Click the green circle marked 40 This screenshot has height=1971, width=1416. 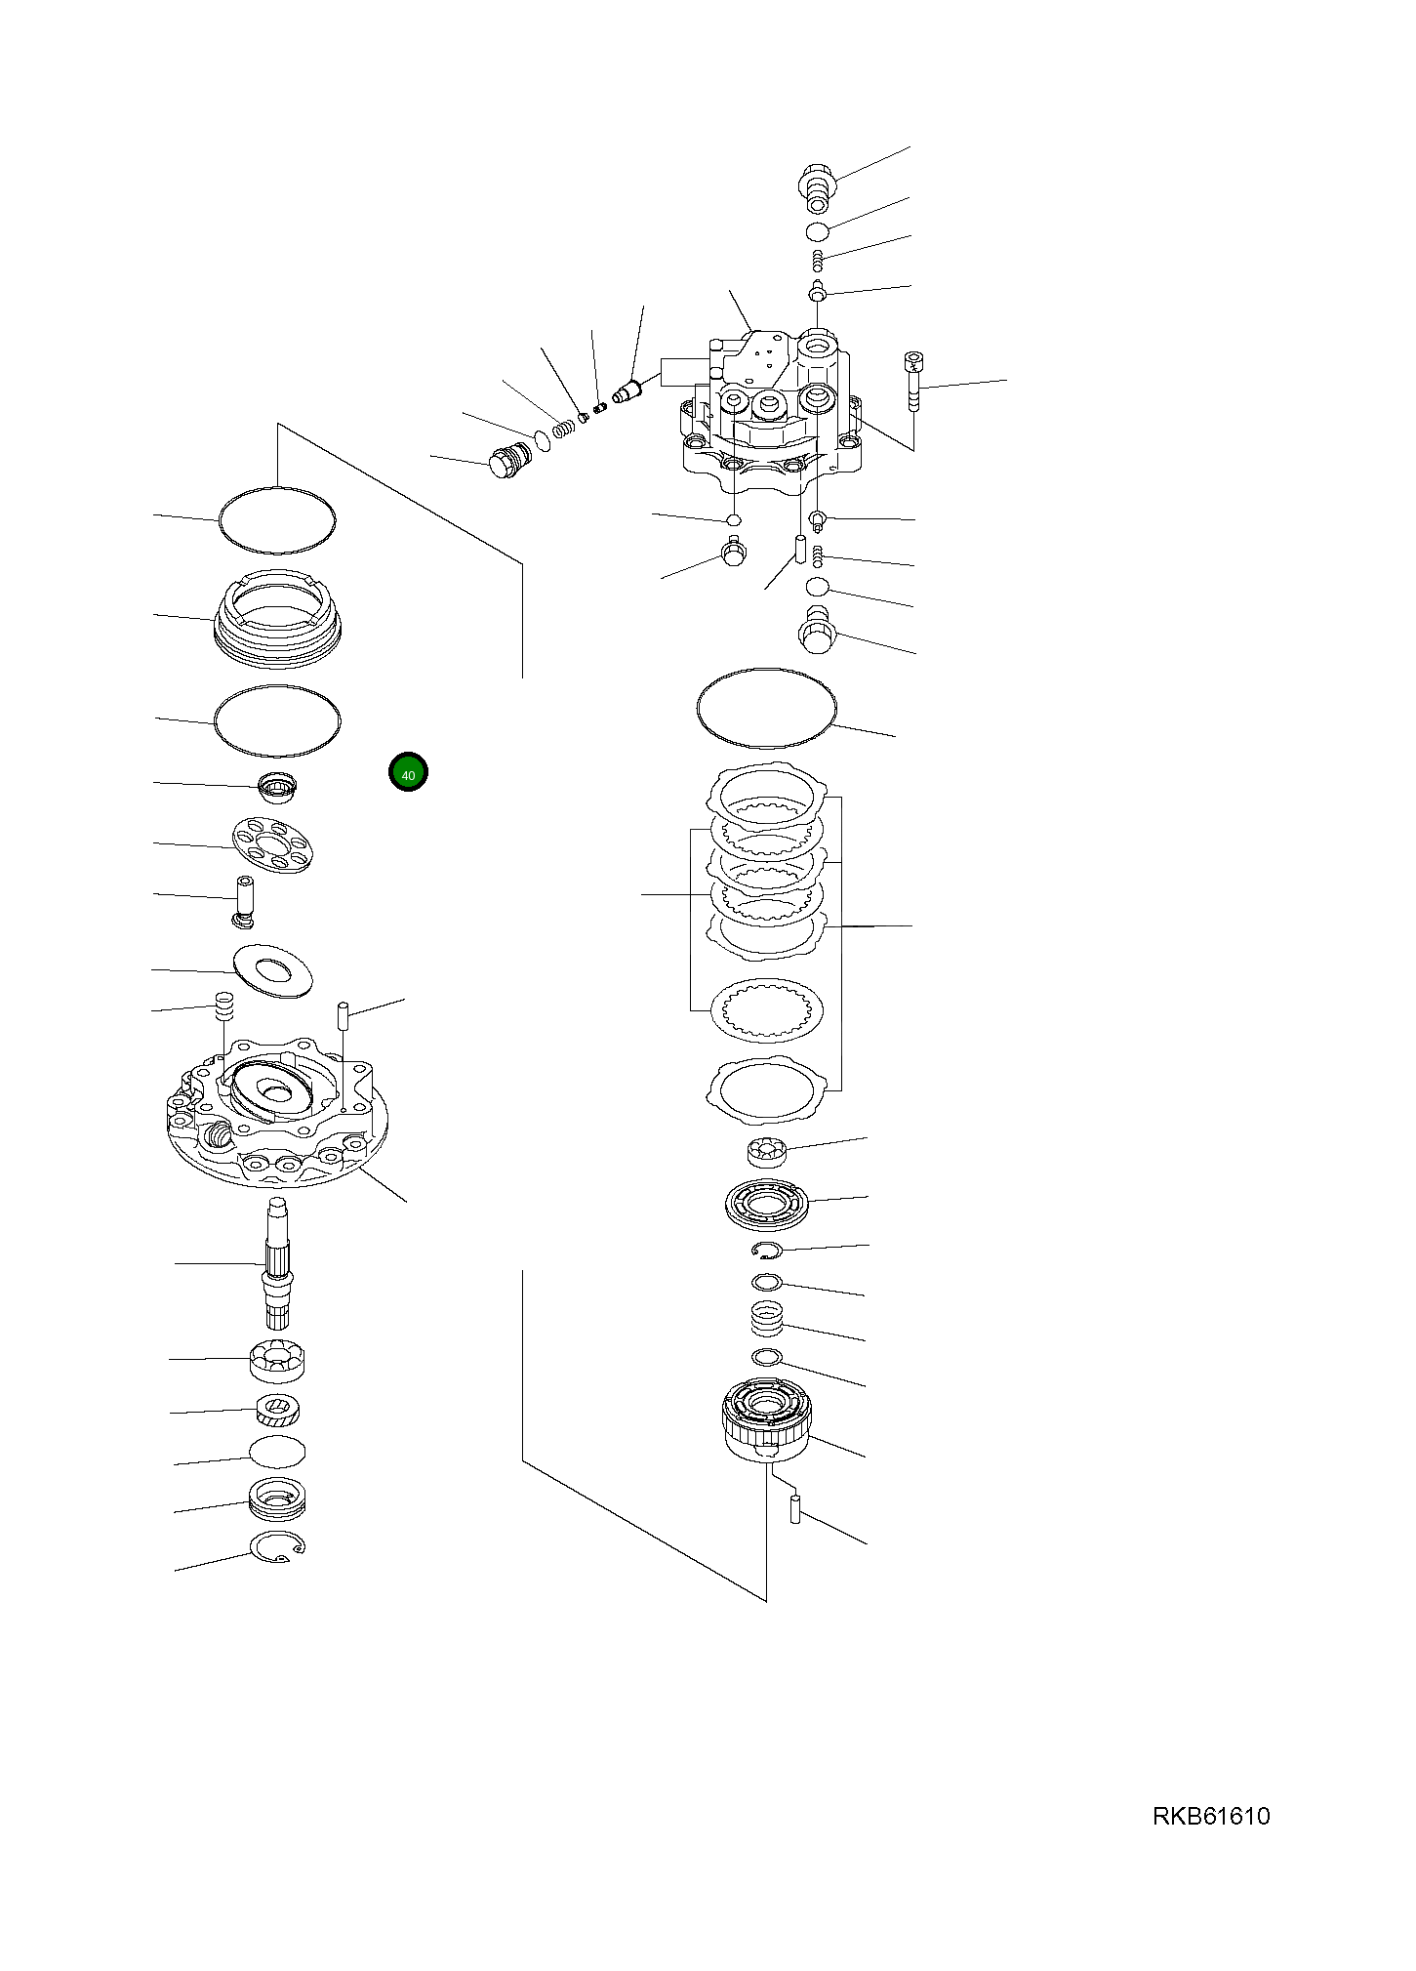tap(408, 772)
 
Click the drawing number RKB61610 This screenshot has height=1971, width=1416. tap(1211, 1816)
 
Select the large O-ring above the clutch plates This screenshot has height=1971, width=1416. tap(768, 709)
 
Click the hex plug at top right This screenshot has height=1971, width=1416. tap(816, 185)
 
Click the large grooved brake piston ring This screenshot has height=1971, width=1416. tap(278, 618)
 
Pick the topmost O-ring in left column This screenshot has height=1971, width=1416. tap(278, 520)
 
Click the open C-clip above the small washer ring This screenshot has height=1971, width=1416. tap(767, 1251)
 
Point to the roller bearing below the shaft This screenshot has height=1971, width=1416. tap(279, 1359)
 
